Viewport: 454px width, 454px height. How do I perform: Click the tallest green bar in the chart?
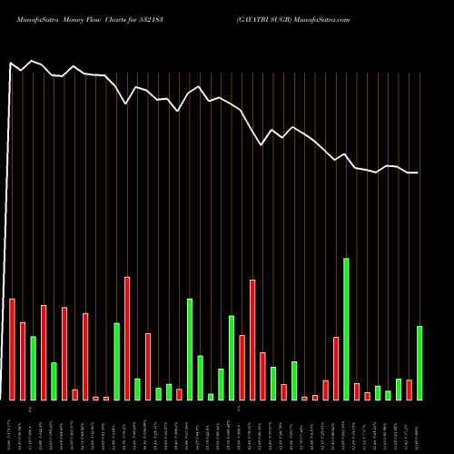(346, 329)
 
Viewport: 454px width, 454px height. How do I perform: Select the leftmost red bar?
(12, 349)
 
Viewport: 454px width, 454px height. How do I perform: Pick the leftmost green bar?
(34, 368)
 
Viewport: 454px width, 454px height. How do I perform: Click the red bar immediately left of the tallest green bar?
(336, 368)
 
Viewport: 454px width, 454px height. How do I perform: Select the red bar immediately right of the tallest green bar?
(357, 391)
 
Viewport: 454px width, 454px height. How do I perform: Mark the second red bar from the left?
(23, 360)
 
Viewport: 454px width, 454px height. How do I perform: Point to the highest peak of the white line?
(33, 61)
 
